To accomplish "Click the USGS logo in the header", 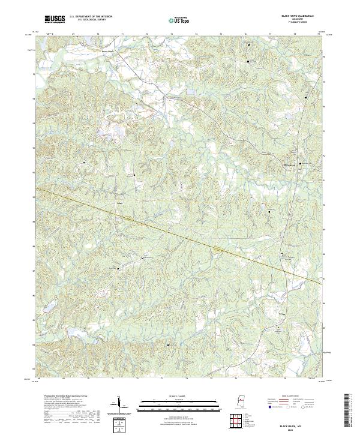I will [55, 19].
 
